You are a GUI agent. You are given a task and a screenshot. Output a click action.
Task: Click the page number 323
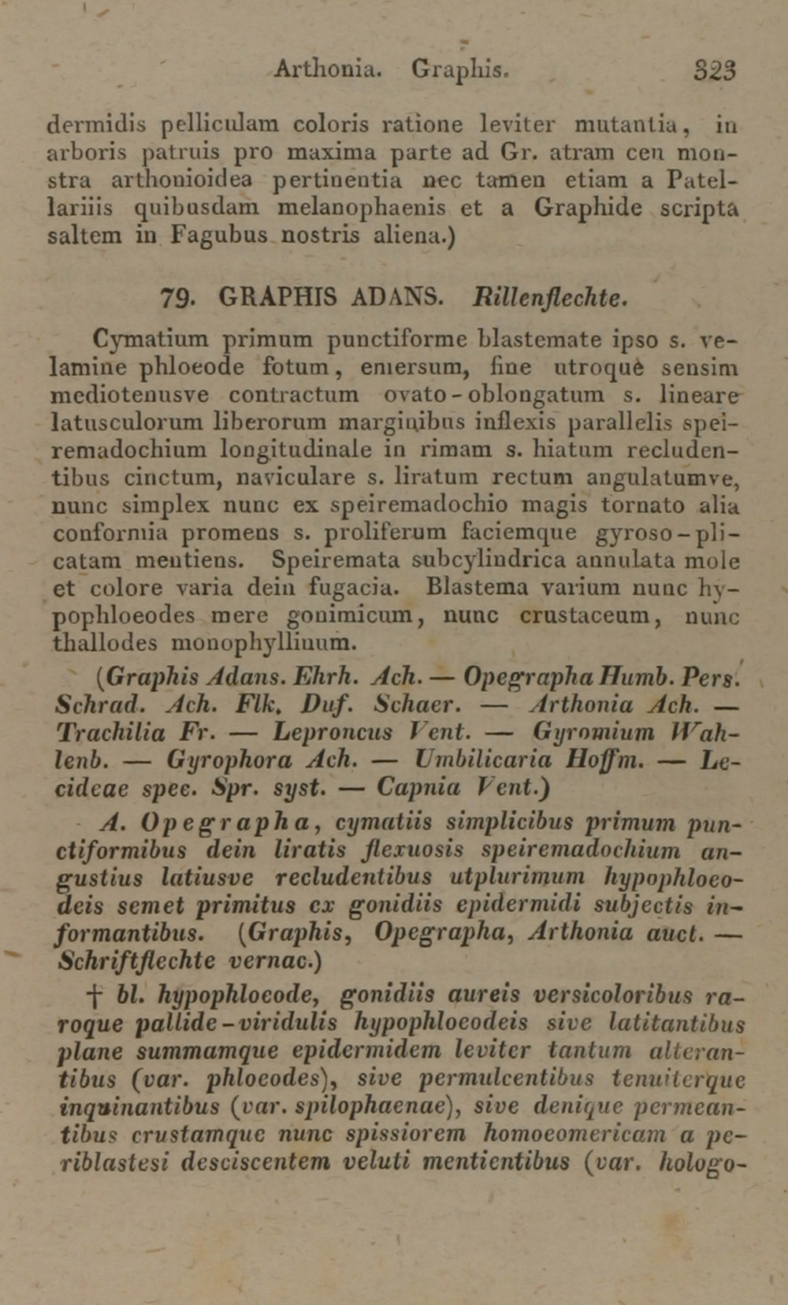point(715,70)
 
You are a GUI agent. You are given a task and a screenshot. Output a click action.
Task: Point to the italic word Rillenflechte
point(550,298)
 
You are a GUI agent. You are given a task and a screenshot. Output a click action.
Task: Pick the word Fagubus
point(220,236)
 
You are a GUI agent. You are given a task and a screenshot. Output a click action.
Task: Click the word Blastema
point(478,588)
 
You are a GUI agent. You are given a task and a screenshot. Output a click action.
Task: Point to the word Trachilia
point(111,732)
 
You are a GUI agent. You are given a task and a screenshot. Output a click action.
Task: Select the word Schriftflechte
point(137,961)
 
